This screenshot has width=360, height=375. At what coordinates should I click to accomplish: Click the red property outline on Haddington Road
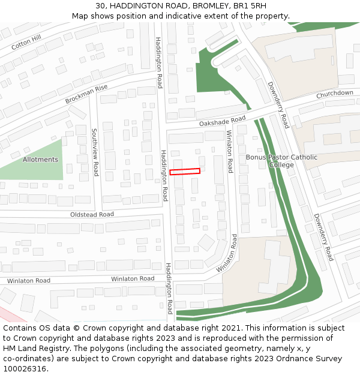184,172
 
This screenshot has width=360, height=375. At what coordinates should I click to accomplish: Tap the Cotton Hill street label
26,42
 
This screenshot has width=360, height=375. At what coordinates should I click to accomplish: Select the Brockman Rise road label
86,94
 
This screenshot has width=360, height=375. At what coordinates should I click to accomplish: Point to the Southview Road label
95,152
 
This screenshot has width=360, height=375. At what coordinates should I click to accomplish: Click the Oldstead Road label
92,214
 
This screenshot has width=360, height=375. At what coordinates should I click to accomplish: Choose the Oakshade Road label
223,122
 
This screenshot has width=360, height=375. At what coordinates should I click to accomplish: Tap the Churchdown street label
335,94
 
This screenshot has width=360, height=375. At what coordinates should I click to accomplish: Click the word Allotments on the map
40,160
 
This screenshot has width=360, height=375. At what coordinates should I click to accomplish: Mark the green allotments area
36,171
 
